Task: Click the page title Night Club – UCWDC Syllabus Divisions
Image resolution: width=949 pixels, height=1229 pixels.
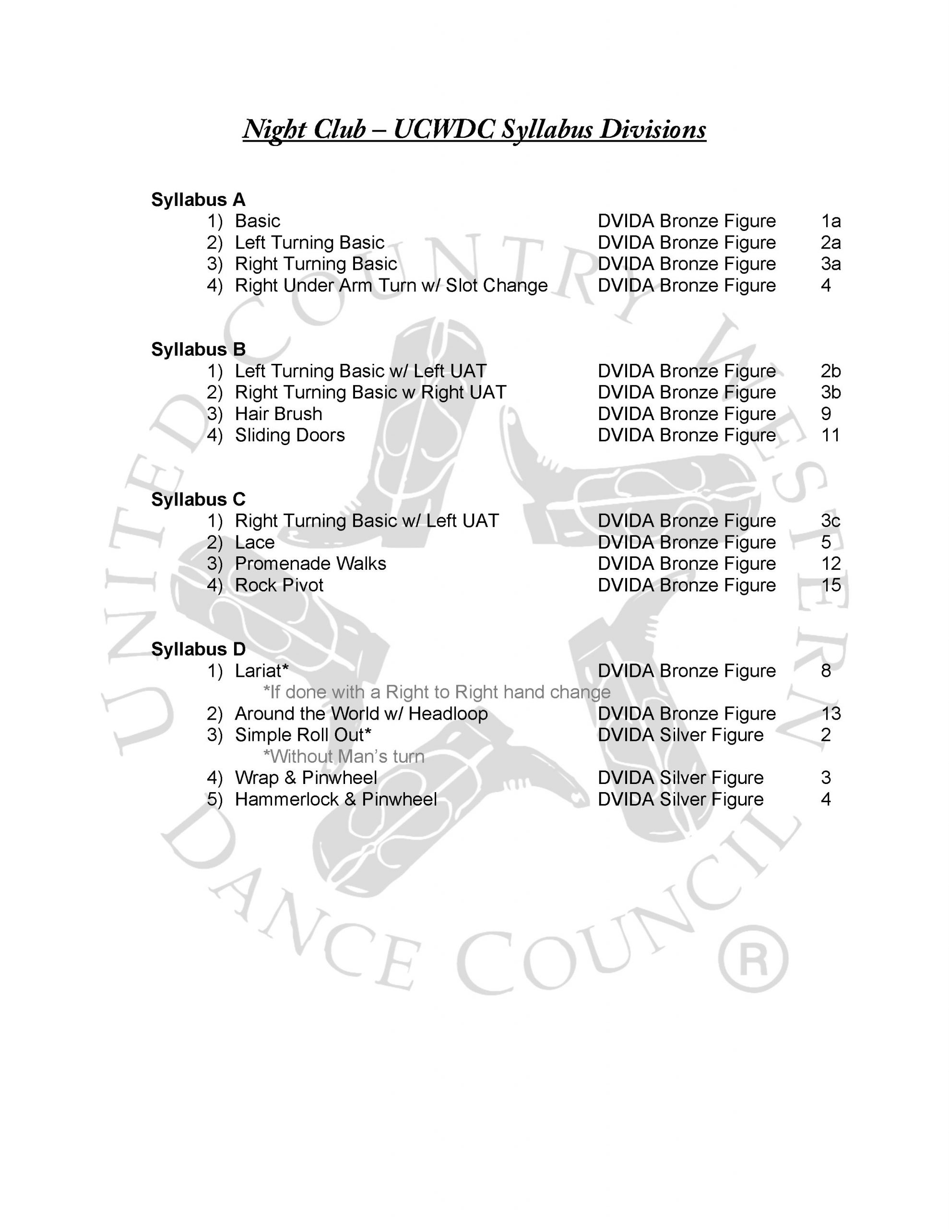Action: click(x=474, y=130)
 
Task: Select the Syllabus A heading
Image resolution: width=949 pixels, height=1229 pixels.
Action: click(x=198, y=200)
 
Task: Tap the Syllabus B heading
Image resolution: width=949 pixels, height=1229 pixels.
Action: click(x=198, y=349)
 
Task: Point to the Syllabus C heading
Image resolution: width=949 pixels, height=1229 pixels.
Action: click(x=198, y=500)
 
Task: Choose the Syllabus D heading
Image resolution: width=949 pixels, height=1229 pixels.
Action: click(x=198, y=650)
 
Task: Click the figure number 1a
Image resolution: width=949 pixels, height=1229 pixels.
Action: click(x=830, y=221)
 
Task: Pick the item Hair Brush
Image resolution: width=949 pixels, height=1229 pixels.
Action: click(x=278, y=414)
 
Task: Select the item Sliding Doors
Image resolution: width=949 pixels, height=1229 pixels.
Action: click(x=290, y=435)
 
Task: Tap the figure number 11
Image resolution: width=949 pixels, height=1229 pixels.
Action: click(x=830, y=435)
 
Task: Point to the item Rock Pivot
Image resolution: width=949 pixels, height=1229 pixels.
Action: click(x=279, y=586)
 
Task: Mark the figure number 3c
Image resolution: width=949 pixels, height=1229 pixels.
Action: click(x=830, y=521)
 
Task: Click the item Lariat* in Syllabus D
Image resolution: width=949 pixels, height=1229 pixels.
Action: click(x=261, y=671)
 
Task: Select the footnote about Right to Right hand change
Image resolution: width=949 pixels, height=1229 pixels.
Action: click(x=437, y=692)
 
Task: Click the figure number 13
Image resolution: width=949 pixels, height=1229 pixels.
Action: click(x=830, y=714)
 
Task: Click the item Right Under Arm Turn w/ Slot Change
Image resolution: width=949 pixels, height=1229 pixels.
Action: click(x=391, y=286)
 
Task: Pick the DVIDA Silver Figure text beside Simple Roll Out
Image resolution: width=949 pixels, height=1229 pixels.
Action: click(x=680, y=735)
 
